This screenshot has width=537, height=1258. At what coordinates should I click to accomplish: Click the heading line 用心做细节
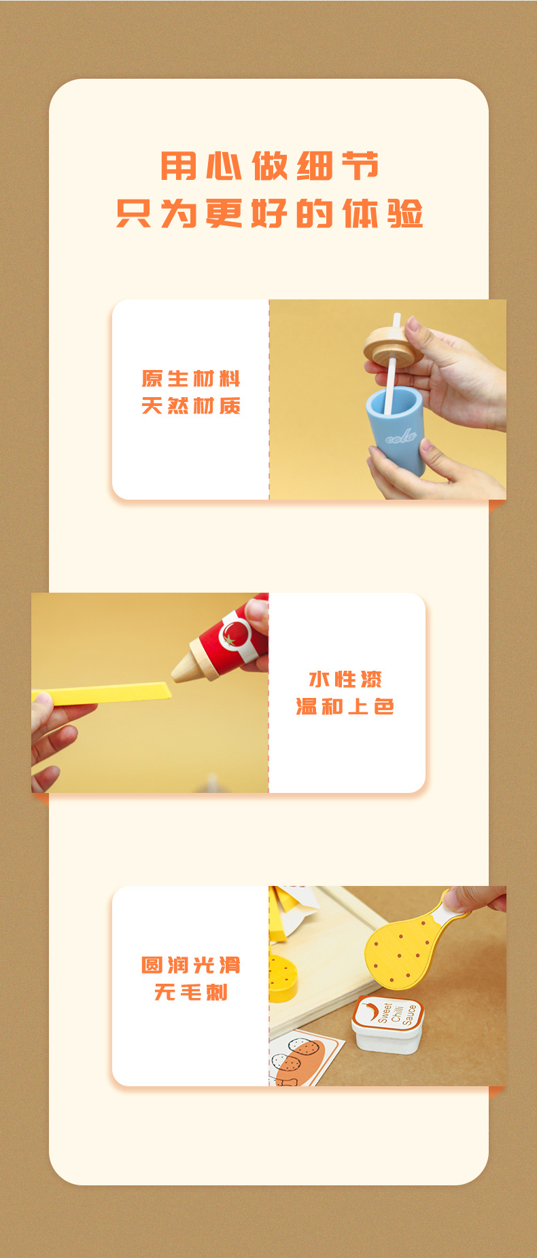[x=269, y=166]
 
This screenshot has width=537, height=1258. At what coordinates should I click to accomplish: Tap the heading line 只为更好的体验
[x=269, y=214]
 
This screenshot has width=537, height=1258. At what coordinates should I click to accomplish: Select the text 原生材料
[x=191, y=379]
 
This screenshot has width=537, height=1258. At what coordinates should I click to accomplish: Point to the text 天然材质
[x=191, y=406]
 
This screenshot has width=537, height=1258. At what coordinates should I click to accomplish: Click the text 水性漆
[x=345, y=680]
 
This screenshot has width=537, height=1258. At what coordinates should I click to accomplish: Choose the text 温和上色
[x=345, y=707]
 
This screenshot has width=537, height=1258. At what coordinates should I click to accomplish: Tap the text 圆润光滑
[x=191, y=965]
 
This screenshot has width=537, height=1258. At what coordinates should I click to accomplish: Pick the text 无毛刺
[x=191, y=993]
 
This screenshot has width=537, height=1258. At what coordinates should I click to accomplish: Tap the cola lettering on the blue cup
[x=400, y=436]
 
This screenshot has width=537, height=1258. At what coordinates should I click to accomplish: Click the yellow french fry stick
[x=109, y=694]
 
